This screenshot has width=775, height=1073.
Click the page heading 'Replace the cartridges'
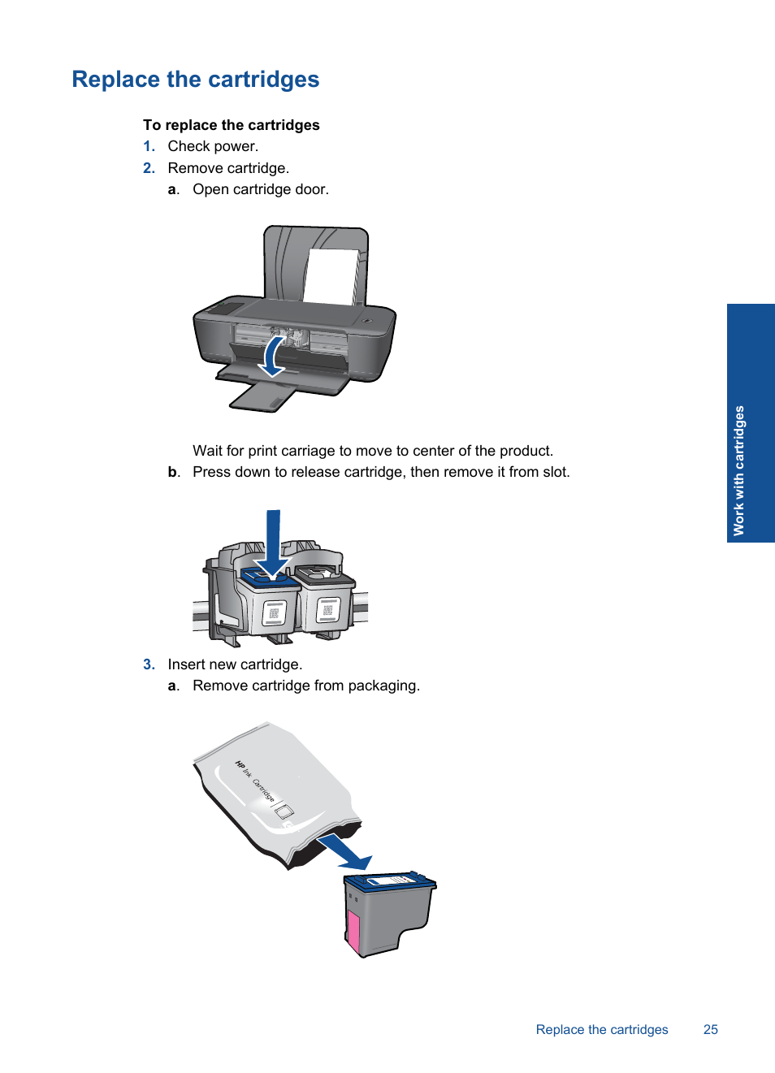click(195, 80)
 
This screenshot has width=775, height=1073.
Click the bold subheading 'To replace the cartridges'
click(231, 125)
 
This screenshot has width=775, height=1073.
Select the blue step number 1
click(149, 146)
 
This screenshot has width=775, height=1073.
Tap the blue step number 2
click(149, 168)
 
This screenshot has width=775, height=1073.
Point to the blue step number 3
click(149, 664)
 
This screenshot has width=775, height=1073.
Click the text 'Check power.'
click(213, 146)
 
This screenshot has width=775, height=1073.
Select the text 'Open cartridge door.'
click(260, 189)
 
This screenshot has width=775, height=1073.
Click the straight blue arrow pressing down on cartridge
click(273, 540)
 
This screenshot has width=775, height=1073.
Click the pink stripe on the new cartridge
click(353, 932)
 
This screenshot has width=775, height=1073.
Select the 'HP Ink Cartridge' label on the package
click(255, 781)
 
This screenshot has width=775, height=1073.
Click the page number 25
click(710, 1029)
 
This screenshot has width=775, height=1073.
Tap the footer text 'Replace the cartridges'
click(601, 1029)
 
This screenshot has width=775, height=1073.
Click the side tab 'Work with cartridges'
click(738, 470)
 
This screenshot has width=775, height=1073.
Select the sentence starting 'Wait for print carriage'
click(372, 451)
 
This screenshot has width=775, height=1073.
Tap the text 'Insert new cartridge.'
click(235, 664)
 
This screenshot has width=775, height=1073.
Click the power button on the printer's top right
click(367, 321)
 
